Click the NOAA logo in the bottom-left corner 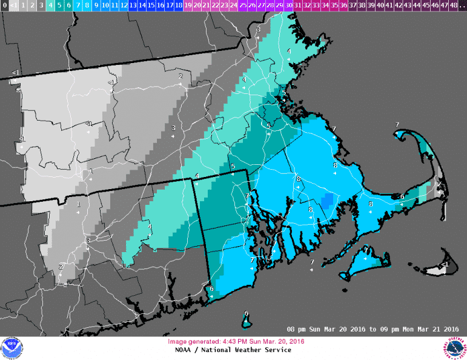tap(10, 348)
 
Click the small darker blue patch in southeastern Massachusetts tap(327, 201)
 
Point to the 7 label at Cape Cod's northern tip tap(397, 125)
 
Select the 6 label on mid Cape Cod tap(402, 196)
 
